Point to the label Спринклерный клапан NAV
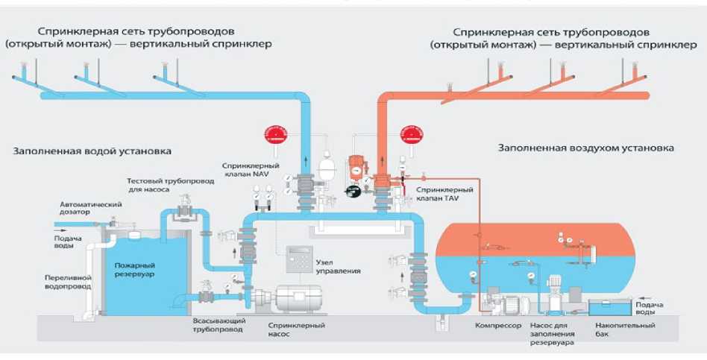coord(244,168)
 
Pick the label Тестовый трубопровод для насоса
coord(158,185)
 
